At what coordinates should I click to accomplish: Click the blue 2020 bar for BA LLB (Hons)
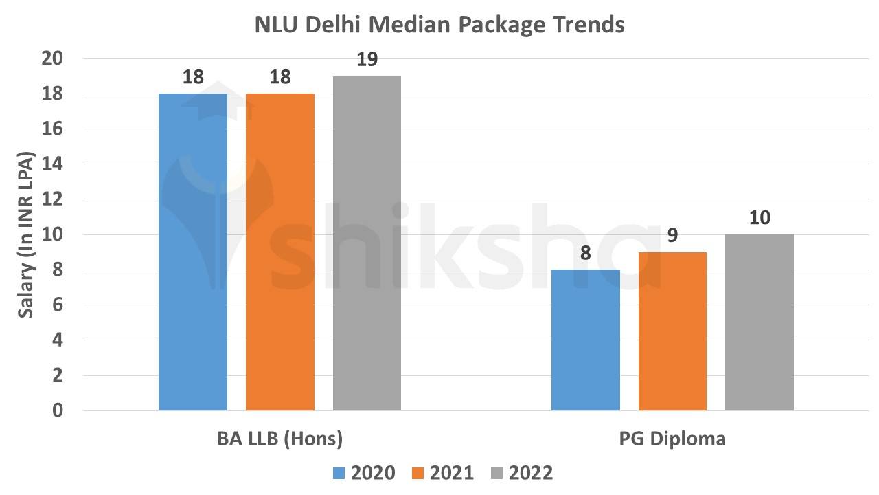193,252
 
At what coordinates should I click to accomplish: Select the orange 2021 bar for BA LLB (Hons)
280,252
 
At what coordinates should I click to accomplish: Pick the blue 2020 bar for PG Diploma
586,340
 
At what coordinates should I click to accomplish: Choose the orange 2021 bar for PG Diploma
672,331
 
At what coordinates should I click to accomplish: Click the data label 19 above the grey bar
367,60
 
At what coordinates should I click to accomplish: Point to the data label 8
586,253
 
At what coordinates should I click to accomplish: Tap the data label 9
672,236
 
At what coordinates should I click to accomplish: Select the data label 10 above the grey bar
760,218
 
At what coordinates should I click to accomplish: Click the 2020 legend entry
364,473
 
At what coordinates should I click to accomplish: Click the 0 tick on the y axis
57,410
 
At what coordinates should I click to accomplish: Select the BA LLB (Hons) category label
279,439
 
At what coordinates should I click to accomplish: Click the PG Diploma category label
672,439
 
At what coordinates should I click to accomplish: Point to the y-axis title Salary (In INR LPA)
25,234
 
